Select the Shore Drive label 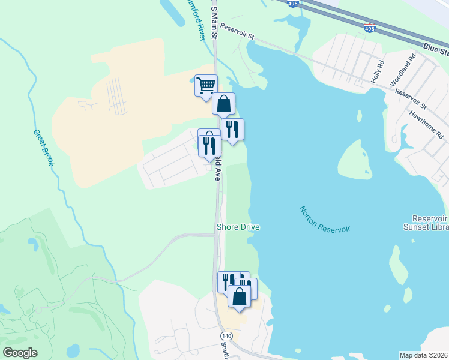pos(237,227)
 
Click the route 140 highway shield pos(226,335)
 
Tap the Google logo pos(20,353)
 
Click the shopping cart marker pos(206,85)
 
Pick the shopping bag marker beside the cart pos(223,104)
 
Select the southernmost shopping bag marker pos(239,296)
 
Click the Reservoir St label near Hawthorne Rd pos(410,100)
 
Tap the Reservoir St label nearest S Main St pos(237,31)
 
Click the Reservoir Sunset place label pos(429,224)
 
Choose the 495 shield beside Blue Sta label pos(370,28)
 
